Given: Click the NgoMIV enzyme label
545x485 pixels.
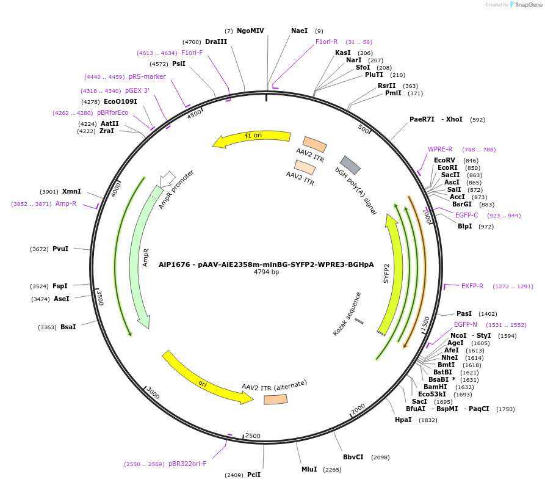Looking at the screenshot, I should tap(250, 31).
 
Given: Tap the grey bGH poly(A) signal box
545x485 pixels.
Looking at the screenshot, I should tap(350, 165).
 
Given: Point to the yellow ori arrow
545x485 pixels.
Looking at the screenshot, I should tap(208, 379).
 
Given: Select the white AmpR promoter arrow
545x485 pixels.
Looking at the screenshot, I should tap(166, 179).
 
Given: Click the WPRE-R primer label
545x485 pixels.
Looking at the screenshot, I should tap(440, 149).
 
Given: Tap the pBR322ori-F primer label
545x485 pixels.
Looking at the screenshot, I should tap(187, 464).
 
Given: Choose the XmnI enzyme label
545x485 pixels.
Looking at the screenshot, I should tap(71, 191).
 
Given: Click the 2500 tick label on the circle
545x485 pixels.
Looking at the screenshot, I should tap(253, 436).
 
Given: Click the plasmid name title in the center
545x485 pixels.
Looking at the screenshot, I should tap(266, 264).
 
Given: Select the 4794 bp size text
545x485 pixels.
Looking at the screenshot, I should tap(266, 272).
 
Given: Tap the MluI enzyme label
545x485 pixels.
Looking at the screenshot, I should tap(309, 469).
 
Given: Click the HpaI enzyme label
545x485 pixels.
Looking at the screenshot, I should tap(403, 420).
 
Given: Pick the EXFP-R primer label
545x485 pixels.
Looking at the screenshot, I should tap(472, 286).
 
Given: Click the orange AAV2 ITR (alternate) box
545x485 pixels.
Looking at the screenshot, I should tap(276, 399).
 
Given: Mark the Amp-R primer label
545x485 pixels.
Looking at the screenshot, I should tap(66, 203).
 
